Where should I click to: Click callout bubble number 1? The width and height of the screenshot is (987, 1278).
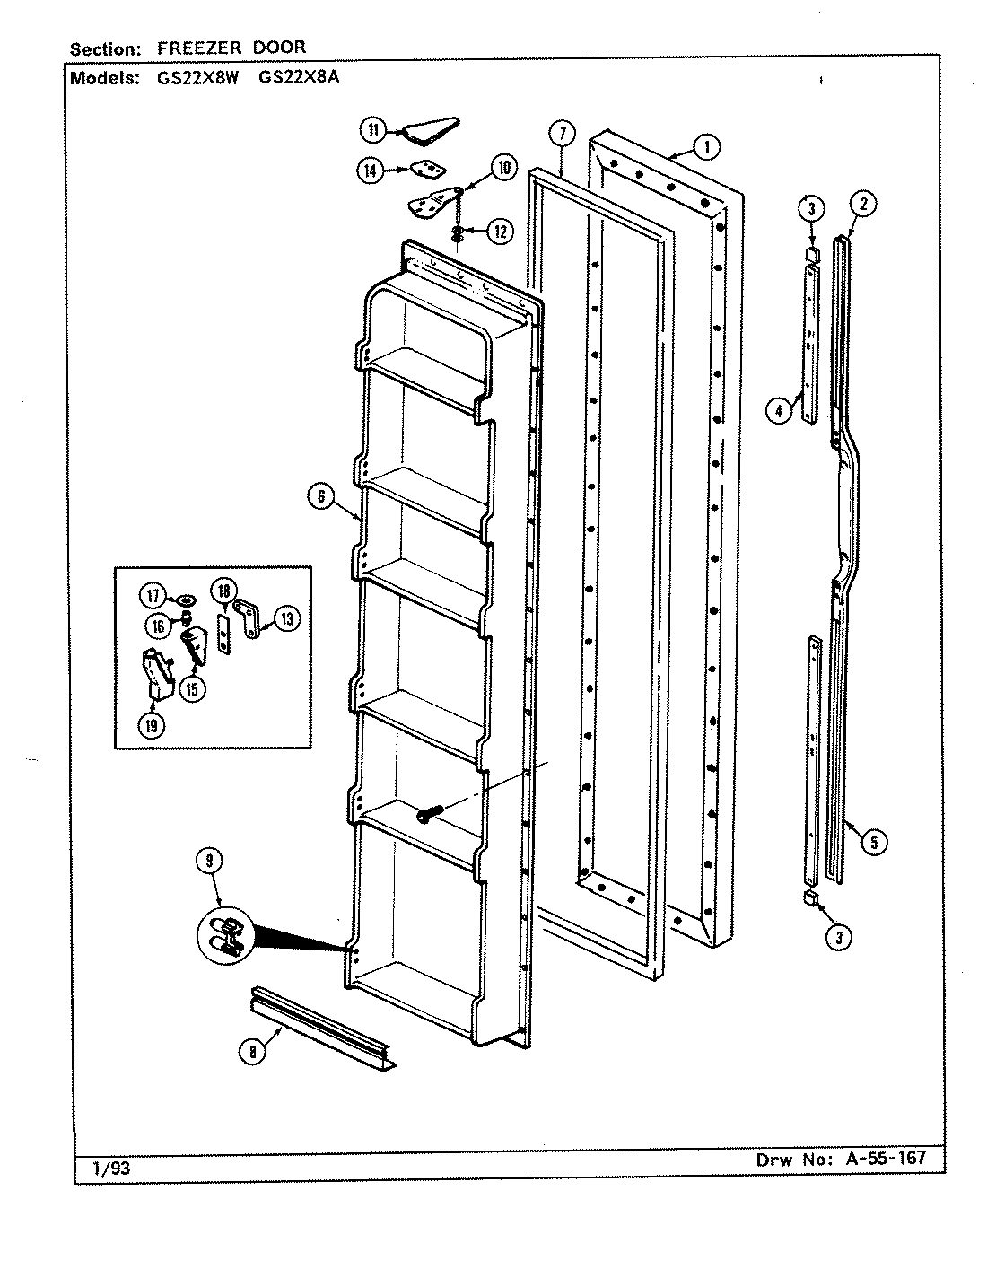pos(706,145)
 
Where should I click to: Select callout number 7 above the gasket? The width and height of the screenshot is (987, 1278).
pos(559,135)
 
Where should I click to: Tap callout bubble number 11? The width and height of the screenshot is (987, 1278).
pos(371,130)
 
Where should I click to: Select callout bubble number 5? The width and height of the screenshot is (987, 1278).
pos(871,841)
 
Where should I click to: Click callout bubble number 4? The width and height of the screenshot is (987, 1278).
pos(779,410)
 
